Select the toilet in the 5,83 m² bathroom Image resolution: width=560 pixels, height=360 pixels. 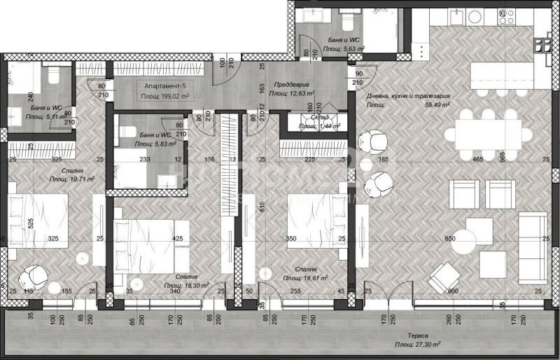pyautogui.click(x=126, y=130)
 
